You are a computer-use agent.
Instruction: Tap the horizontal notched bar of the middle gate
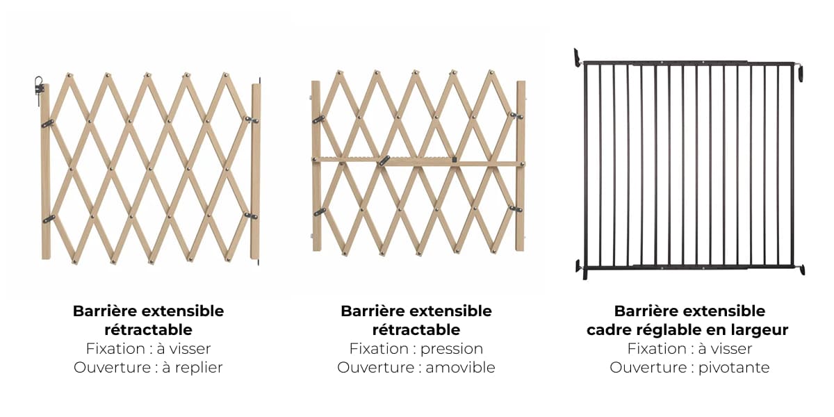click(x=417, y=161)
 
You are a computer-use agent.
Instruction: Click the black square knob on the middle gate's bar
click(x=455, y=160)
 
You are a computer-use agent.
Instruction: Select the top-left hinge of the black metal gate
click(x=577, y=58)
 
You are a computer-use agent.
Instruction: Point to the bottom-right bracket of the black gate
click(x=801, y=269)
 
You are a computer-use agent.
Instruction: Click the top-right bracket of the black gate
click(x=800, y=72)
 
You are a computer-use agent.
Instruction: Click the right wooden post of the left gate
click(x=256, y=171)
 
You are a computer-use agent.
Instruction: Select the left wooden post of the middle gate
click(x=316, y=165)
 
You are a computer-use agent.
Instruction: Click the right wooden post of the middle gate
click(x=521, y=165)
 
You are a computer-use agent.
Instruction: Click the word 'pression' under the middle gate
click(x=452, y=349)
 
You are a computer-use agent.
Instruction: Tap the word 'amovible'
click(x=460, y=368)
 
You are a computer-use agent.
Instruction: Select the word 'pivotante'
click(x=734, y=368)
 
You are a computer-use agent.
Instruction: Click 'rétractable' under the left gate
click(x=148, y=330)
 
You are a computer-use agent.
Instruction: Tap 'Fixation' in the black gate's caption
click(x=657, y=349)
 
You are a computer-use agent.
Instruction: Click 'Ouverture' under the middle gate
click(x=376, y=368)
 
